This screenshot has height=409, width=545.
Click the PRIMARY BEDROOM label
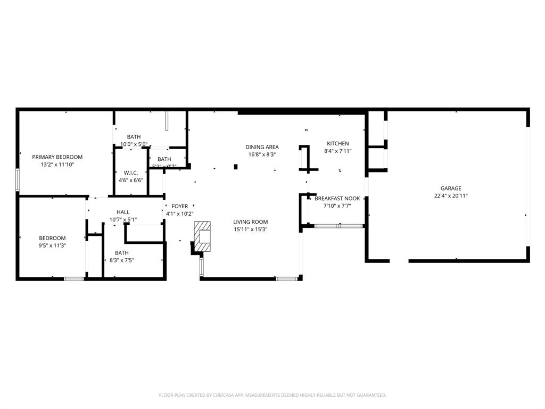click(57, 157)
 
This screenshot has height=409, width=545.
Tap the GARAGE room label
click(450, 188)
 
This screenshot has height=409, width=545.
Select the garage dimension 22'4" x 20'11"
click(450, 196)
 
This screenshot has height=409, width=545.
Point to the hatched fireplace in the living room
click(203, 236)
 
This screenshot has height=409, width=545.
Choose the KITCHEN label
click(337, 144)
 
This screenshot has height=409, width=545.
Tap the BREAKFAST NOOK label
click(337, 199)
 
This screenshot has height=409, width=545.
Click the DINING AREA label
click(262, 147)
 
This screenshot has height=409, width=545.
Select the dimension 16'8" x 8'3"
click(262, 154)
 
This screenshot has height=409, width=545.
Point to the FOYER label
click(179, 206)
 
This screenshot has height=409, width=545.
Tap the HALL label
click(123, 212)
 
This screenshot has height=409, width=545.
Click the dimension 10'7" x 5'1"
click(123, 219)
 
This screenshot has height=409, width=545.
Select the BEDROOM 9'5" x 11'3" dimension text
click(52, 246)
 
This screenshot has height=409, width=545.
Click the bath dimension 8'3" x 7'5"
click(122, 260)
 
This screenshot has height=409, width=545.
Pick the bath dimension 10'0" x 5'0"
click(134, 144)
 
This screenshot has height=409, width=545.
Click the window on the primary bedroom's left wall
click(18, 179)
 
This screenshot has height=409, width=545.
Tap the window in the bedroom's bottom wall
click(74, 279)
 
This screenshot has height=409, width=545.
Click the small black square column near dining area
click(235, 167)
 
